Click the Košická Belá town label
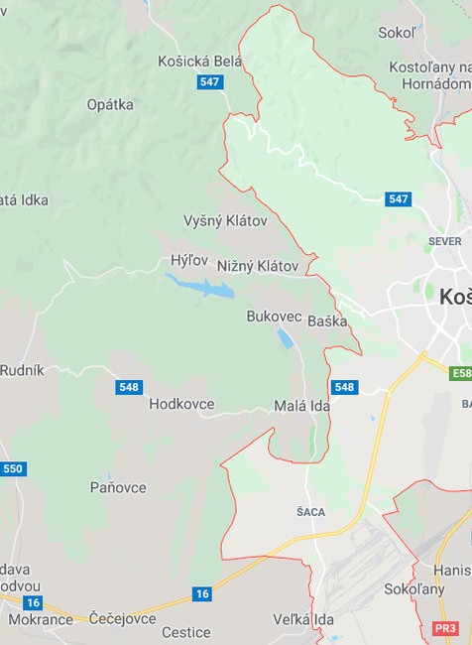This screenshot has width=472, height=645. pos(199,62)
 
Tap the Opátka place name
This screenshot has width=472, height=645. pos(110,104)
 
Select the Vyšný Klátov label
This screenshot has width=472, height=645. pos(225,220)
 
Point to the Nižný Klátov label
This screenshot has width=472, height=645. pos(257,266)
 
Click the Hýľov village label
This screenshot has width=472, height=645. pos(187,260)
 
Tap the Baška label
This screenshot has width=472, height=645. pos(327,322)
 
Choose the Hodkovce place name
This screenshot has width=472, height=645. pos(181,404)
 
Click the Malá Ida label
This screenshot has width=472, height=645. pos(300,407)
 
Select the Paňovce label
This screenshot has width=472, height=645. pos(118,487)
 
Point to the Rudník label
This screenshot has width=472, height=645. pos(22,370)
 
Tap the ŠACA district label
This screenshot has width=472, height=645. pos(310,512)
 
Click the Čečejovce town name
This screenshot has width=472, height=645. pos(122,619)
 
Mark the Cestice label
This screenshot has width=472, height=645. pos(186,632)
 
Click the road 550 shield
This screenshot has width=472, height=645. pos(13,468)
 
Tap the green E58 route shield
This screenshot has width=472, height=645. pos(460,374)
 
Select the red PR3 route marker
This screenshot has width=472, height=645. pos(445,629)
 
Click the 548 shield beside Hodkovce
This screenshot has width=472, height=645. pos(128,387)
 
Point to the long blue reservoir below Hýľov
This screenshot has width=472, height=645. pos(200,287)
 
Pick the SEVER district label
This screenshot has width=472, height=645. pos(445,241)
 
